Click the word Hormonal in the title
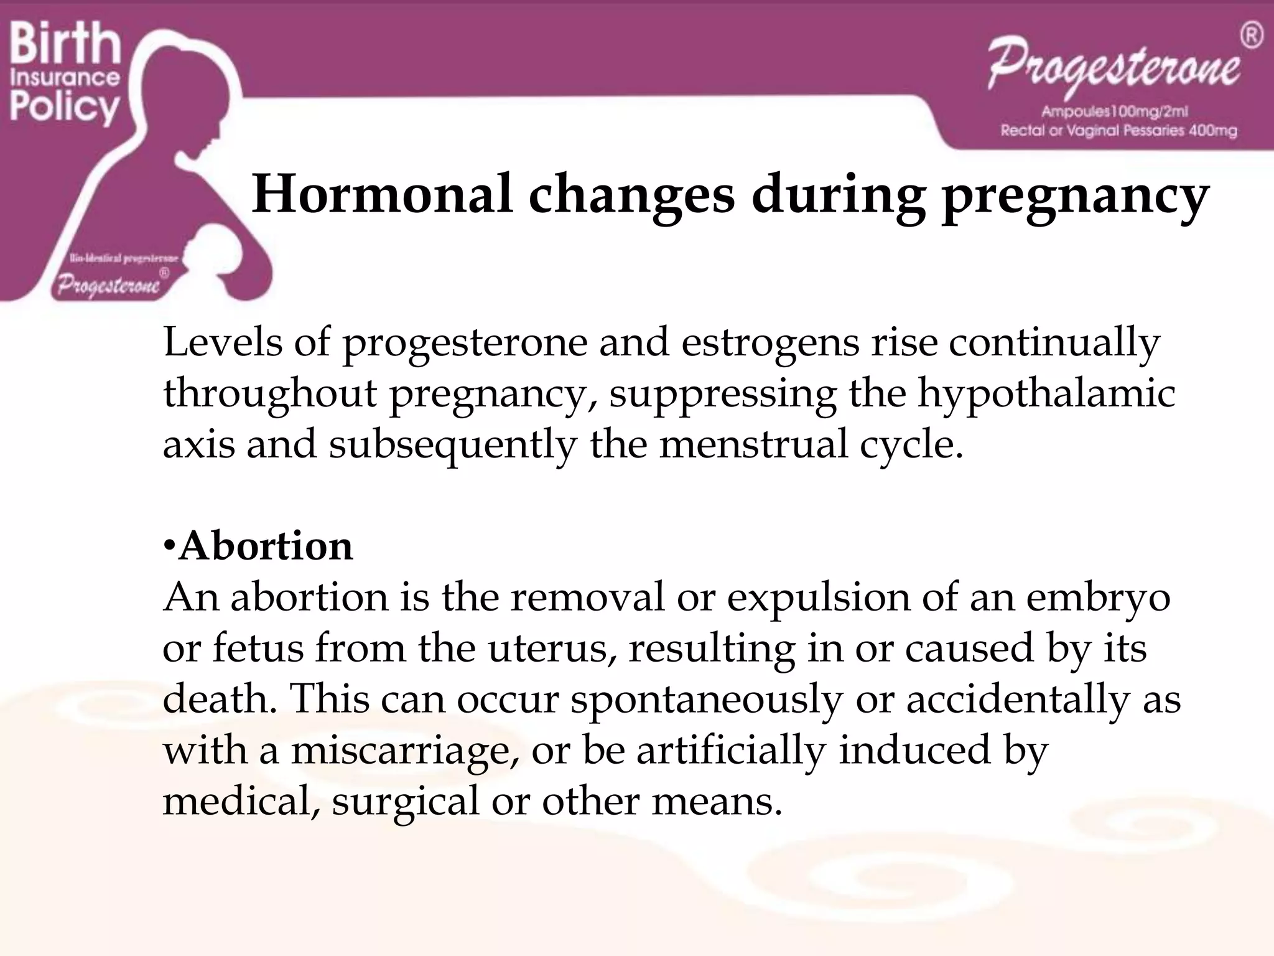pyautogui.click(x=382, y=194)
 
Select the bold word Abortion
pyautogui.click(x=266, y=546)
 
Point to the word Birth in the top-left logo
pyautogui.click(x=65, y=44)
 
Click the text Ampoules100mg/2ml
pyautogui.click(x=1115, y=112)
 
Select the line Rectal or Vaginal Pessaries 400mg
pyautogui.click(x=1118, y=131)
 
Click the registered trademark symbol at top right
pyautogui.click(x=1252, y=35)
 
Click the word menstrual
pyautogui.click(x=753, y=445)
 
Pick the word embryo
pyautogui.click(x=1097, y=597)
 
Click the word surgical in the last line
pyautogui.click(x=406, y=802)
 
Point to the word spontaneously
pyautogui.click(x=706, y=700)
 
